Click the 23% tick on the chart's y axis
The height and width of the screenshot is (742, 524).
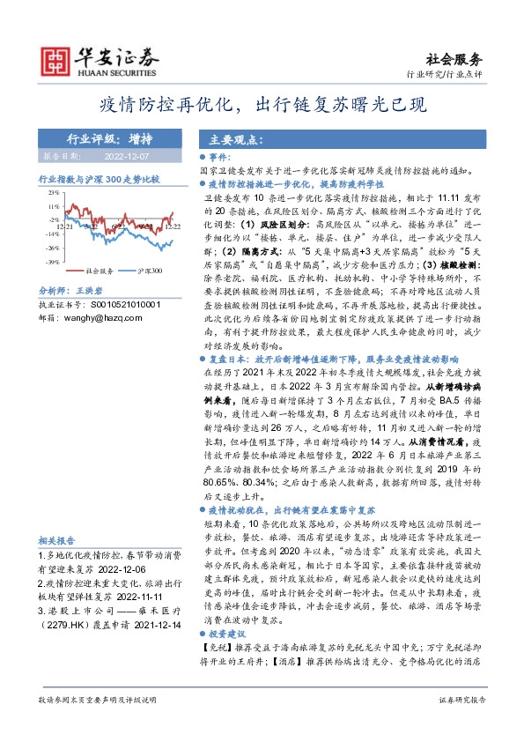pyautogui.click(x=54, y=192)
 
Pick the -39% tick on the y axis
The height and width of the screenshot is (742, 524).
pyautogui.click(x=53, y=262)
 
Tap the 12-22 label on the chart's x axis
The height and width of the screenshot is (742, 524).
pyautogui.click(x=172, y=226)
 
